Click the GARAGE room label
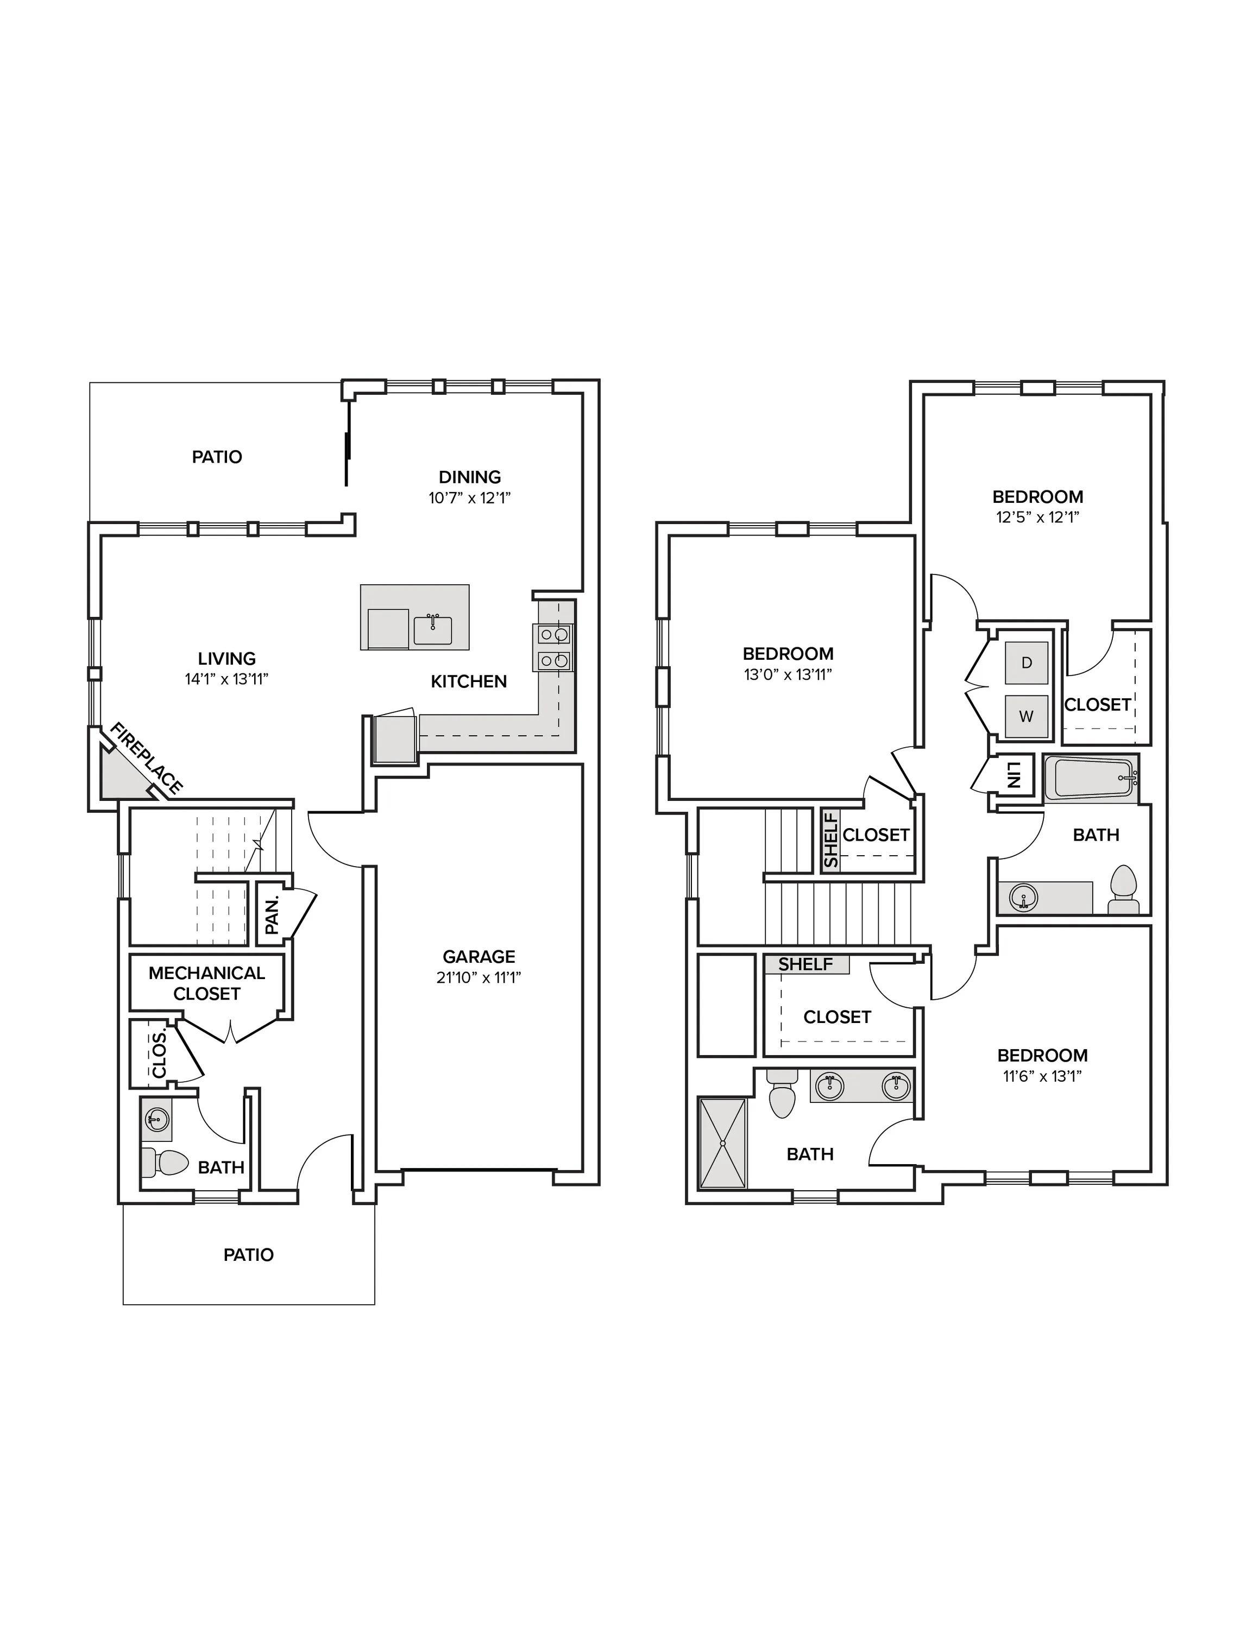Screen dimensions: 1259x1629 pyautogui.click(x=479, y=956)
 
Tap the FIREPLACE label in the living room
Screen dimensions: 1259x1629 pyautogui.click(x=146, y=759)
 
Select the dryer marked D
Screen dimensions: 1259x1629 pyautogui.click(x=1027, y=662)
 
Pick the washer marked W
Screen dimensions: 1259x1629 pyautogui.click(x=1027, y=716)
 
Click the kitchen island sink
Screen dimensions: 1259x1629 pyautogui.click(x=432, y=630)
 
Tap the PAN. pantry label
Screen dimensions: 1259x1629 pyautogui.click(x=272, y=914)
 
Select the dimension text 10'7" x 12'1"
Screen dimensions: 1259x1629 pyautogui.click(x=469, y=497)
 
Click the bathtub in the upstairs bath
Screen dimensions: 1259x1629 pyautogui.click(x=1091, y=779)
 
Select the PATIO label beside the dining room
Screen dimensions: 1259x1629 pyautogui.click(x=217, y=457)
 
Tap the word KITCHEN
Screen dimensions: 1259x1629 pyautogui.click(x=469, y=681)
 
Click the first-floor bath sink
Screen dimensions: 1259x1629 pyautogui.click(x=156, y=1117)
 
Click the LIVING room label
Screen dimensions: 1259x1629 pyautogui.click(x=226, y=659)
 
